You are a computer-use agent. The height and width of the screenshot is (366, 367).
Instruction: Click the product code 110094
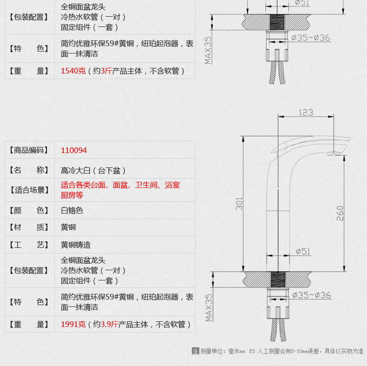coord(74,150)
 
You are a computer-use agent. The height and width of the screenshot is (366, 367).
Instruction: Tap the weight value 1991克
coord(73,324)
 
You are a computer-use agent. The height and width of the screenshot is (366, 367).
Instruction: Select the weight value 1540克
coord(73,71)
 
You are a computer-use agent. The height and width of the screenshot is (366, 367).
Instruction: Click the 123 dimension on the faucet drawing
coord(306,113)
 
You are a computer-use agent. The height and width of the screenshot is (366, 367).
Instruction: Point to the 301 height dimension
coord(239,204)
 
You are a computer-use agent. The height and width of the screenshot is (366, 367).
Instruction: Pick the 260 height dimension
coord(340,213)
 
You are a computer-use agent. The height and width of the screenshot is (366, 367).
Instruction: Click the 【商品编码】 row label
coord(29,150)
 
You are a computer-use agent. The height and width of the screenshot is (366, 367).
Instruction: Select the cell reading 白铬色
coord(72,210)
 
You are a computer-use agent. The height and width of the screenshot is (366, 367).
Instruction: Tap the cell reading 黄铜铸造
coord(76,245)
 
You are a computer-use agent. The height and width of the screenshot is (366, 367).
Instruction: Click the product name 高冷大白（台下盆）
coord(93,170)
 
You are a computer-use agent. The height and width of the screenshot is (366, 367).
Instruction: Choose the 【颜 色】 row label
coord(29,210)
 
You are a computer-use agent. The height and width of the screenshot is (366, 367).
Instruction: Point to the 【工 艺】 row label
coord(29,245)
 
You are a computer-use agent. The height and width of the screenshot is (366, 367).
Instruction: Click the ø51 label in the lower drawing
coord(303,252)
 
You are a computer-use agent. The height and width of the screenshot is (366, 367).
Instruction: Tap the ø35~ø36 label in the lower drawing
coord(312,295)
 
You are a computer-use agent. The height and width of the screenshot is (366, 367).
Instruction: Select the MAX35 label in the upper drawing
coord(208,50)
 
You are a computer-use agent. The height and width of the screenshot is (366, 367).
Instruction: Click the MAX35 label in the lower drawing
coord(209,308)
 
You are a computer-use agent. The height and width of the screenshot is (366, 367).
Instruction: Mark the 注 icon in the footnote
coord(196,351)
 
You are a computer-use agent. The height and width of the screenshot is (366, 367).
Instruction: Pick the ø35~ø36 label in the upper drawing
coord(311,38)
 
